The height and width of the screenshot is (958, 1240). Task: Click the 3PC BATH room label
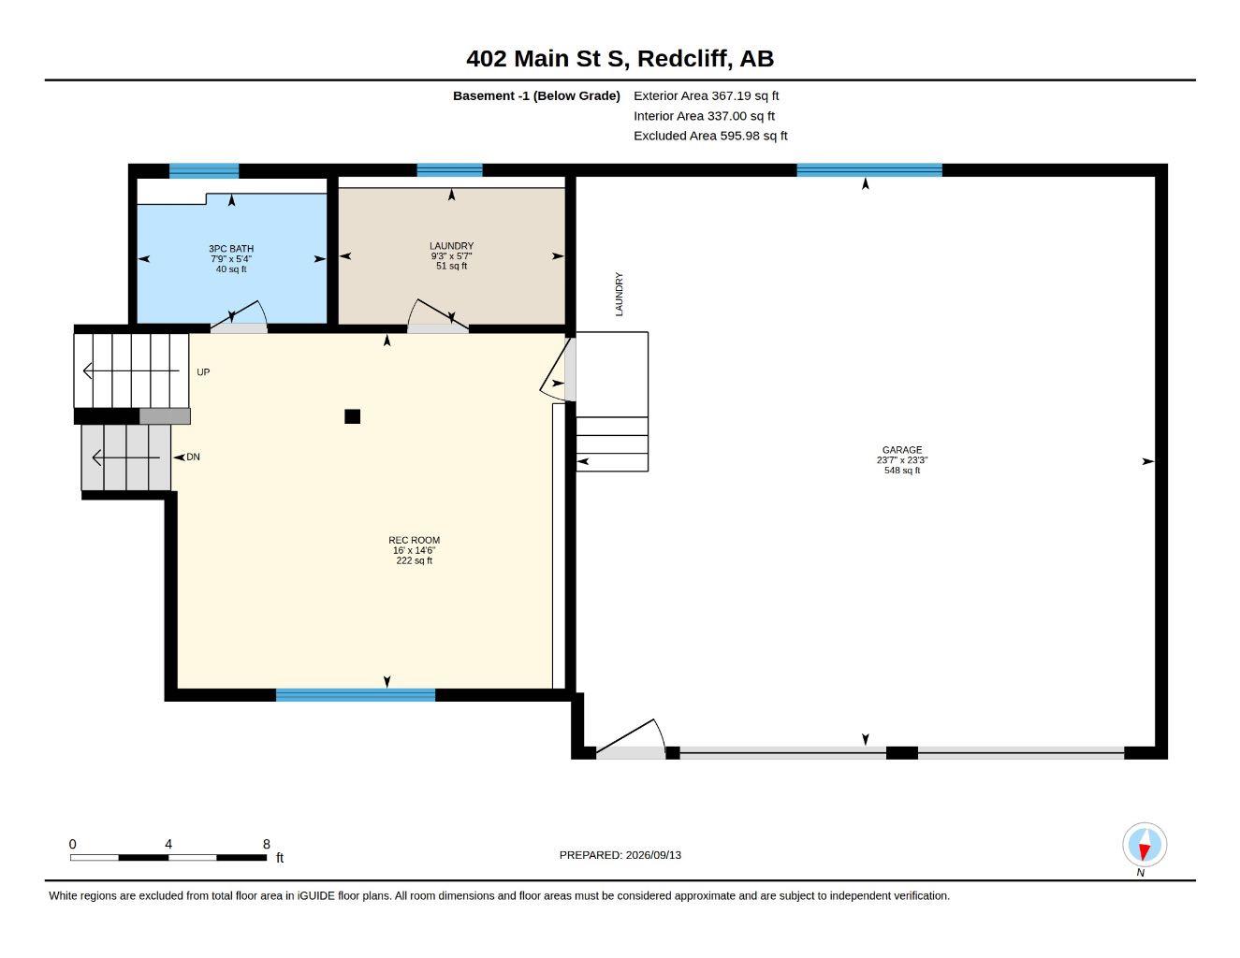coord(230,249)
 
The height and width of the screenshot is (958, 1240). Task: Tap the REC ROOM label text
coord(414,540)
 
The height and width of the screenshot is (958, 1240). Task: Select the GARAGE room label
coord(901,450)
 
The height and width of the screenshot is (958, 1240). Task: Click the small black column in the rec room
coord(352,416)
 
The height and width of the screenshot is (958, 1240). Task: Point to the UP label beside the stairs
coord(203,372)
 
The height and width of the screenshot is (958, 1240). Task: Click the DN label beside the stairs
coord(193,457)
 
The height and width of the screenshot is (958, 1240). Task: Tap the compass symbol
coord(1145,845)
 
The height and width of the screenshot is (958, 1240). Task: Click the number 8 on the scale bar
coord(267,844)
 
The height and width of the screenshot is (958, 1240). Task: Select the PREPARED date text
coord(620,855)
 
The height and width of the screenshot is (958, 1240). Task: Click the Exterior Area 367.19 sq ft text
coord(706,95)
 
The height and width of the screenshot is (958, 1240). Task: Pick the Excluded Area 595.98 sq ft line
coord(710,136)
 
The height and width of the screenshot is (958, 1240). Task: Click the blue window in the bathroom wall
coord(204,170)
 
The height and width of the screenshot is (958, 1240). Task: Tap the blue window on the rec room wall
coord(356,694)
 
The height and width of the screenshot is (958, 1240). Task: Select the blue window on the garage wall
coord(869,170)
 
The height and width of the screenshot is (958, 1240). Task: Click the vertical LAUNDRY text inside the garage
coord(620,295)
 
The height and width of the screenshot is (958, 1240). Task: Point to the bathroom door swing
coord(240,314)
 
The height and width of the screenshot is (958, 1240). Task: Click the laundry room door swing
coord(437,313)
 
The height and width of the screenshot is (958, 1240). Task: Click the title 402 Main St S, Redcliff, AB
coord(620,58)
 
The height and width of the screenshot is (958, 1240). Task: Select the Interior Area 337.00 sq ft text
coord(704,116)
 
